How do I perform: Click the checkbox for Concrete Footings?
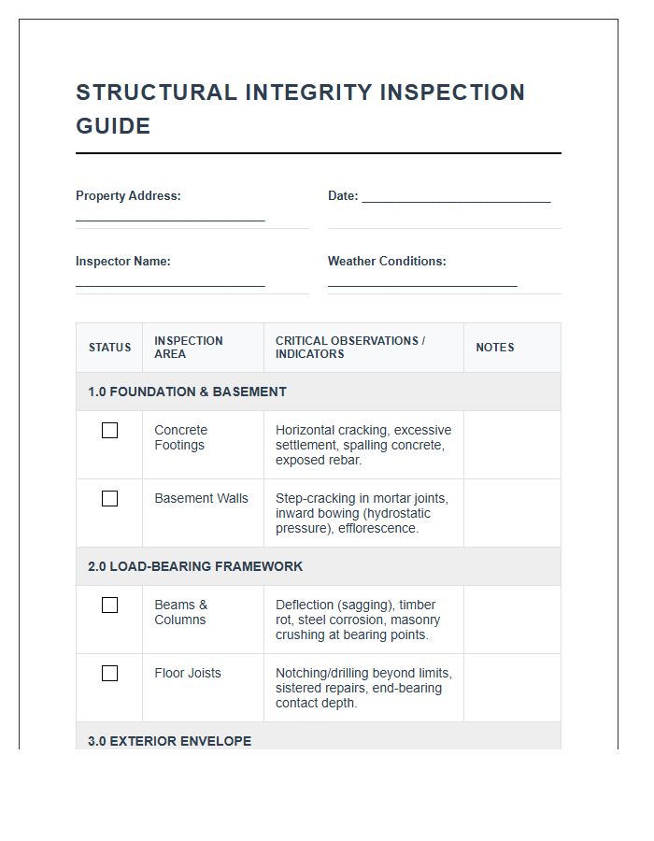109,431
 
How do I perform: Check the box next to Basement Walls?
109,499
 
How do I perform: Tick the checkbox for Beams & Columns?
109,606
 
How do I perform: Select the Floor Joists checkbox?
109,674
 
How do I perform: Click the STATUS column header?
109,348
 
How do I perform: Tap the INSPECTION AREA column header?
189,348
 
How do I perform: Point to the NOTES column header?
494,348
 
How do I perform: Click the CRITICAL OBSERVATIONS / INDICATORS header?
350,348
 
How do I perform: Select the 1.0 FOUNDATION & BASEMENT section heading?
187,392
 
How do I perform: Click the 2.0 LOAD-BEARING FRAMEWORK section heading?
195,566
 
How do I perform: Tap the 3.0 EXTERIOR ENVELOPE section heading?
169,741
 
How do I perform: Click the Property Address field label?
128,196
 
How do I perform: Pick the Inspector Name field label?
123,262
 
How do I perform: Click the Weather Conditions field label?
387,262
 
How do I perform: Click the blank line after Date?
456,198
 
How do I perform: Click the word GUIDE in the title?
113,126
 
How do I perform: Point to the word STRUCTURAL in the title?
156,93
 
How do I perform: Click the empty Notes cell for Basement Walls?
512,513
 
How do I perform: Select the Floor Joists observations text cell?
363,688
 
